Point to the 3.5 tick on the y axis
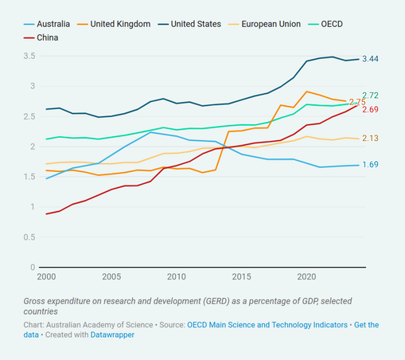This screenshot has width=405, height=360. [29, 56]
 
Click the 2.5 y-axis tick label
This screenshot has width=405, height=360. [29, 116]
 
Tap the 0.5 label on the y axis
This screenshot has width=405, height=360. [29, 237]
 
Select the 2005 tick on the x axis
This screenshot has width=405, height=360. [111, 276]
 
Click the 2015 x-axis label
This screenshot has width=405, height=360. [241, 276]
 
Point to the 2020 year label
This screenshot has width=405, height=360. [306, 276]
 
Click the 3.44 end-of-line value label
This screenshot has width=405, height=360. [370, 59]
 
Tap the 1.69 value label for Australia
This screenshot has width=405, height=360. [370, 165]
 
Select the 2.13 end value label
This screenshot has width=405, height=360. [370, 138]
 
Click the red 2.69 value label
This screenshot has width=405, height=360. [370, 109]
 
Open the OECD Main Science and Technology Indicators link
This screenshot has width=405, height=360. [267, 325]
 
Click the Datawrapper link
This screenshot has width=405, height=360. [112, 335]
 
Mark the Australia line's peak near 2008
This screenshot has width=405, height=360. [150, 132]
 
